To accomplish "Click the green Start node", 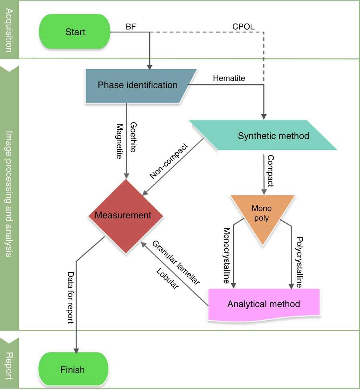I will tap(75, 32).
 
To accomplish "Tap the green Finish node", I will tap(72, 370).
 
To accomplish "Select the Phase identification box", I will tap(137, 85).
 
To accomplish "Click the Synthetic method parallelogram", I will tap(273, 136).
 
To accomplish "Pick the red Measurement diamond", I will tap(123, 215).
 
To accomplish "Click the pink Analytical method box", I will tap(264, 304).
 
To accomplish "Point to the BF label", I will tap(131, 27).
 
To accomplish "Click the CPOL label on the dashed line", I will tap(243, 27).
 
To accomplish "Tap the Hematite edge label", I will tap(229, 78).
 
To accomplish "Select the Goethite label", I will tap(133, 137).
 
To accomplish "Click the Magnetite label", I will tap(120, 141).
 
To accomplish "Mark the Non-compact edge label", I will tap(169, 161).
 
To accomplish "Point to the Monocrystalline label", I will tap(227, 255).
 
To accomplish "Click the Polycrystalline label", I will tap(299, 262).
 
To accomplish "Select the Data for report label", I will tap(71, 298).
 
